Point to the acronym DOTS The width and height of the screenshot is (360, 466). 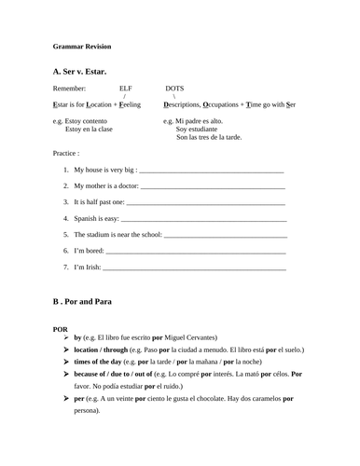174,88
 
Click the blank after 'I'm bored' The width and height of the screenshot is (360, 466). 196,251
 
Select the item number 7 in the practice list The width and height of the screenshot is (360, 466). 66,267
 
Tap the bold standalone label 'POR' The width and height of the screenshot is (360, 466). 62,328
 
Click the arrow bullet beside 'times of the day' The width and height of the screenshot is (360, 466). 65,361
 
